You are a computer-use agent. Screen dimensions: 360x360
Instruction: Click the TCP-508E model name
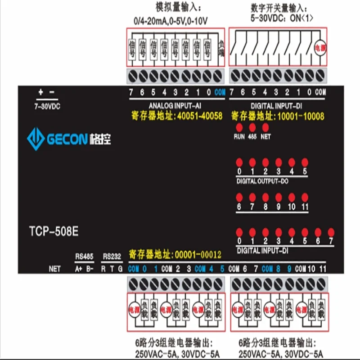51,232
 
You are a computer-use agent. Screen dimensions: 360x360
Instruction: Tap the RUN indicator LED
239,127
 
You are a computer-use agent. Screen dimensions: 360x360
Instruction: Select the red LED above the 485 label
252,127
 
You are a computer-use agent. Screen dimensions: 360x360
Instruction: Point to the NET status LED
265,127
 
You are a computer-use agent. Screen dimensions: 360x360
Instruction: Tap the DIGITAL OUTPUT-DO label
262,181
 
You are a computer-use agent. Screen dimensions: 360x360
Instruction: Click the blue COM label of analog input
220,93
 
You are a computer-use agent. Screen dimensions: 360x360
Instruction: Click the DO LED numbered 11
304,197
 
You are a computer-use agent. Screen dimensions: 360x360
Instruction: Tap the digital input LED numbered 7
331,232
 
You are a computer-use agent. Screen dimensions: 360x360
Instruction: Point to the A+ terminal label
78,269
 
